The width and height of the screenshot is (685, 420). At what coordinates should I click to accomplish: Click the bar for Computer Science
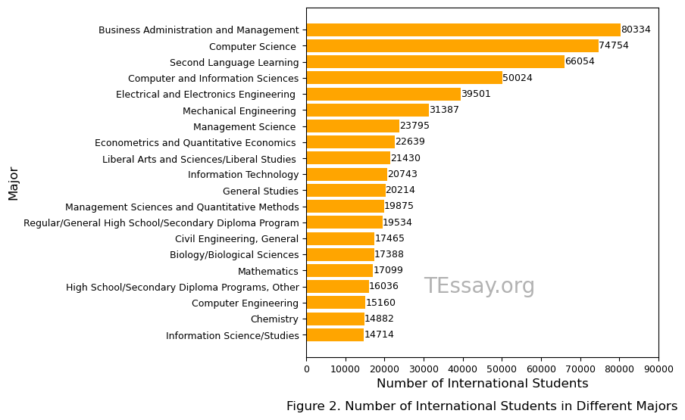pos(452,46)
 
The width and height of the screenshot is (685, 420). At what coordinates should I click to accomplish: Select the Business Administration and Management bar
pos(463,30)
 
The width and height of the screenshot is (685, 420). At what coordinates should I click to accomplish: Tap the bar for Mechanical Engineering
pos(368,110)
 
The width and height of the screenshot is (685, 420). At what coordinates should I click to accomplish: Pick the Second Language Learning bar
pos(435,62)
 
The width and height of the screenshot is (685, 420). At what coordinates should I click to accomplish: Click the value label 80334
pos(636,30)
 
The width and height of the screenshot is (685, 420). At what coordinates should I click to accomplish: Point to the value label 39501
pos(476,94)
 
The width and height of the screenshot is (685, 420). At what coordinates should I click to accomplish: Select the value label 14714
pos(379,335)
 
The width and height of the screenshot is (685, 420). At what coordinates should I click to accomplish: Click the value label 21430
pos(405,158)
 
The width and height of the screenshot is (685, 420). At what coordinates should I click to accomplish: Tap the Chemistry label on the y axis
pos(274,319)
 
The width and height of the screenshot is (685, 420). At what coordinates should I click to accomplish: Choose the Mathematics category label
pos(268,271)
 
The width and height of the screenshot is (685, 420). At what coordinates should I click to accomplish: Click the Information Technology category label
pos(243,175)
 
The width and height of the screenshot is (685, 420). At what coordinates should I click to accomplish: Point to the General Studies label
pos(261,191)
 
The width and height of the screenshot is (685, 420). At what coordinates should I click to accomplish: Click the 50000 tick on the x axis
pos(502,369)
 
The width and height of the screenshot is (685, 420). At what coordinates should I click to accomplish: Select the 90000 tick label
pos(658,369)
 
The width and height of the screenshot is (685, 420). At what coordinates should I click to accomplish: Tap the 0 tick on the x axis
pos(306,369)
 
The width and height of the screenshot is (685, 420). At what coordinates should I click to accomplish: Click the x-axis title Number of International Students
pos(482,384)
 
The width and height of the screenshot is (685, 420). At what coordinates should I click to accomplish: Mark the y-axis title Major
pos(14,183)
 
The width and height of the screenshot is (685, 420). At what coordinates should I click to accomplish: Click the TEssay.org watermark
pos(479,287)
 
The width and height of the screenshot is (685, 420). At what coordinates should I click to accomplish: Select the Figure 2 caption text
pos(482,406)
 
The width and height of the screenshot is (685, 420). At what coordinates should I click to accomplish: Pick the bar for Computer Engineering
pos(336,303)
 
